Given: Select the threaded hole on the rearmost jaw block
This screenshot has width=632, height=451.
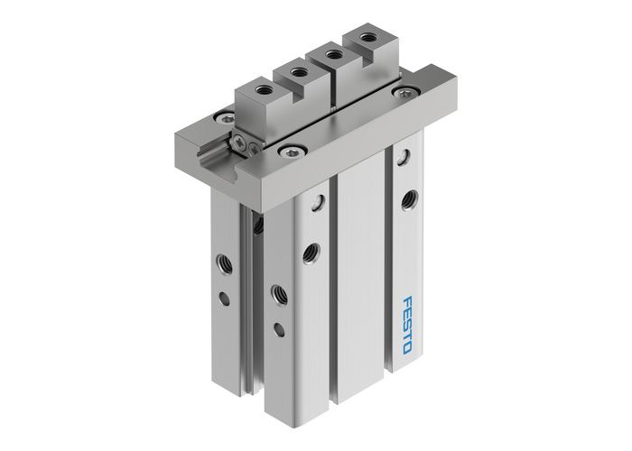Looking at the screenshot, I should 366,38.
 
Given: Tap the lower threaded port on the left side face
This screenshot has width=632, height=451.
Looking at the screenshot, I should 277,293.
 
